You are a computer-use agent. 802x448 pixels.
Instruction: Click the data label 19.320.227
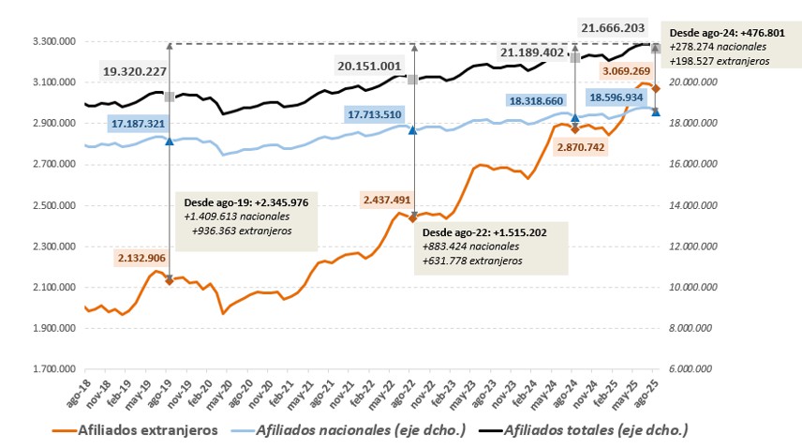(134, 71)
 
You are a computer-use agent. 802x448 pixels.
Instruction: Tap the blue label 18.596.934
(615, 97)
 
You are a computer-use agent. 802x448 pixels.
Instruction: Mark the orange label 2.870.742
(589, 147)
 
